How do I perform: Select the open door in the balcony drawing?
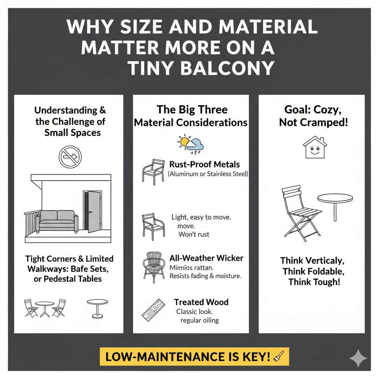click(x=93, y=211)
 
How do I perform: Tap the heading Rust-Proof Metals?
click(x=204, y=164)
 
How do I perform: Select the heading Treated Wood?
click(x=201, y=302)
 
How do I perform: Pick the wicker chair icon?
click(x=154, y=265)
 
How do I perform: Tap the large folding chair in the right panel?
click(x=298, y=211)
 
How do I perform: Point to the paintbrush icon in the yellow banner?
click(x=278, y=356)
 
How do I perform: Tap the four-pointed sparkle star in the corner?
click(x=358, y=358)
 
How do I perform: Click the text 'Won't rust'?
click(x=194, y=234)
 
